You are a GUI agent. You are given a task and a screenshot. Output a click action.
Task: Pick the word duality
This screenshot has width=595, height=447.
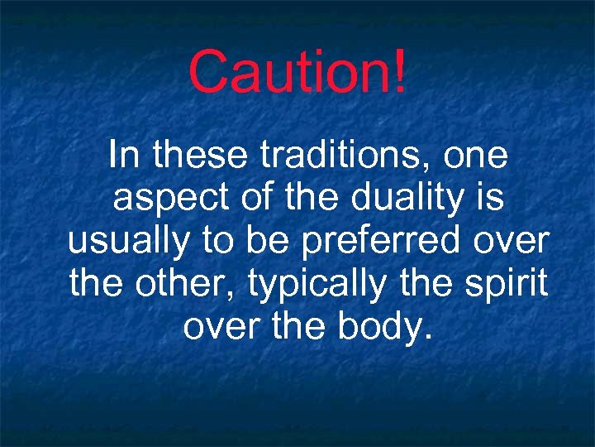(x=391, y=199)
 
